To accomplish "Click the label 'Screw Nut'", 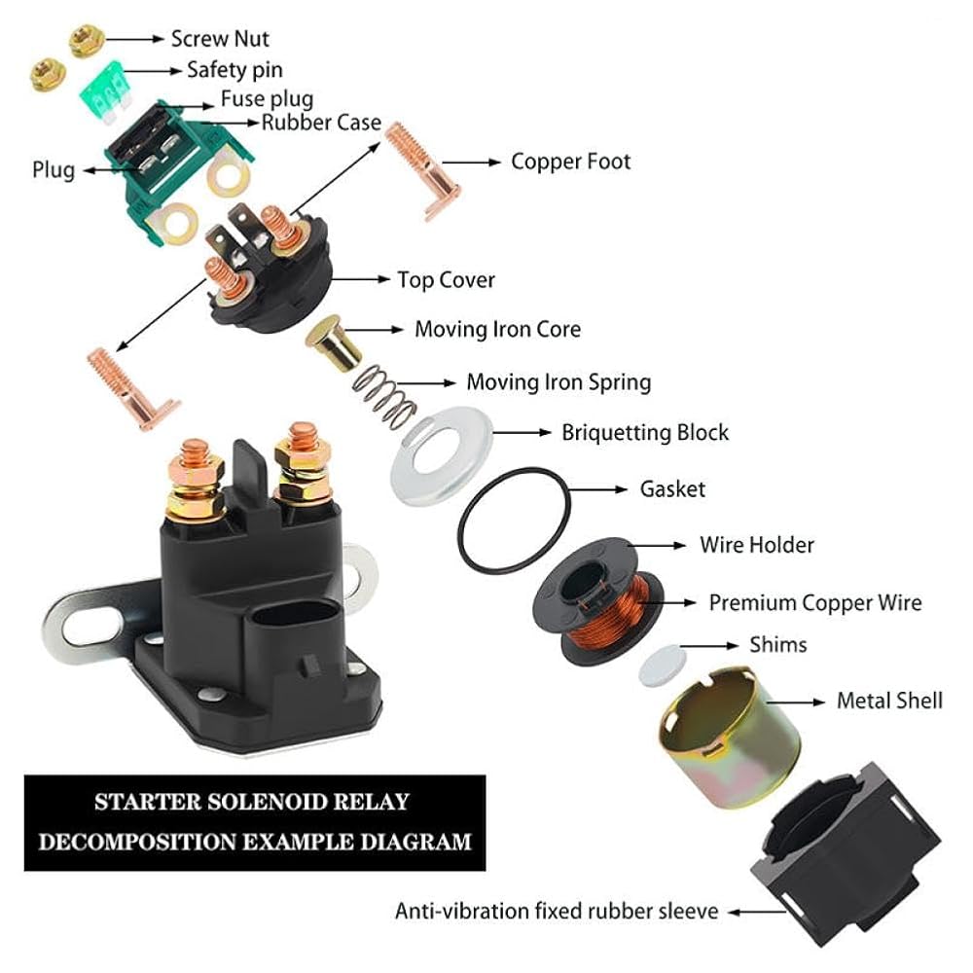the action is [x=220, y=39].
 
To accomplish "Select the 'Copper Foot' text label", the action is [x=570, y=161].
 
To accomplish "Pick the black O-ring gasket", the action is [x=515, y=524].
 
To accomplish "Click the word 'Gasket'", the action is [x=672, y=487].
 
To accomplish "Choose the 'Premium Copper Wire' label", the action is [x=814, y=602].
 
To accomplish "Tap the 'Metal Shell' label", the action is [x=889, y=701].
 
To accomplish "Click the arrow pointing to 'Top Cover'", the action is [x=359, y=279].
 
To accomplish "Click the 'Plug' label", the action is [x=53, y=169].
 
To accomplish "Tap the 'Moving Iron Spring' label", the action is [x=559, y=381].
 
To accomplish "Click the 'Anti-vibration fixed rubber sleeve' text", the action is [x=557, y=912].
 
